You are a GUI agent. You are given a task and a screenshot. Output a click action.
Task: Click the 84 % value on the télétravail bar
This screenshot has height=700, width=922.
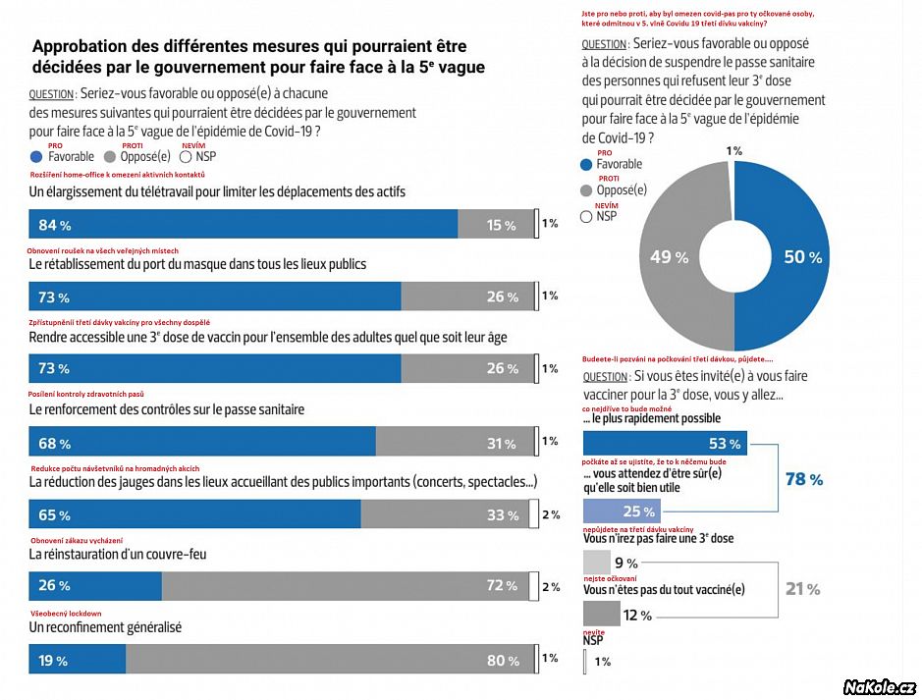[54, 225]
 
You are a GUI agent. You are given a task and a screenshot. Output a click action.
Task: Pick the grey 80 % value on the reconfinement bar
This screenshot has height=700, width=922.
[501, 661]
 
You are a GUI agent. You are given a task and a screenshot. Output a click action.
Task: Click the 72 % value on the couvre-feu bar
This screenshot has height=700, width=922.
[501, 586]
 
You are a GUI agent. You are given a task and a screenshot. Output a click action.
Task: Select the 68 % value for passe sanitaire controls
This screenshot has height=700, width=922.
[54, 442]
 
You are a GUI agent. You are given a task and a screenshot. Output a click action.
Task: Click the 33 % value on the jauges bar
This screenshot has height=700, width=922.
[501, 514]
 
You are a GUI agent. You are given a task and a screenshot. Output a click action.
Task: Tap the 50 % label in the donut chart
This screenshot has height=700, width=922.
[802, 257]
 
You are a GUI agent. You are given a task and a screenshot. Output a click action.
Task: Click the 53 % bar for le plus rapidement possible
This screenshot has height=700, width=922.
[665, 444]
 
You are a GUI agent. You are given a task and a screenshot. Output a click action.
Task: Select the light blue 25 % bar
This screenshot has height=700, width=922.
[621, 512]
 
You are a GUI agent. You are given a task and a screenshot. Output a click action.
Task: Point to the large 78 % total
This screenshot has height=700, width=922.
[803, 478]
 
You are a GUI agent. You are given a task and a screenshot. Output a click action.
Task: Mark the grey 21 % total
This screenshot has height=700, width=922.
[803, 589]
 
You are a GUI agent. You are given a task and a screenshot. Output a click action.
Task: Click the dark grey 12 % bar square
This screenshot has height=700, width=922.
[602, 615]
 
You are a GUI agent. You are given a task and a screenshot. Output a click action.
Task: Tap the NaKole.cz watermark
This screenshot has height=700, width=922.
[879, 687]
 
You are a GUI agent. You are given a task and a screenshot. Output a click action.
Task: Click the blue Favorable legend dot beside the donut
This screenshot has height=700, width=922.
[587, 164]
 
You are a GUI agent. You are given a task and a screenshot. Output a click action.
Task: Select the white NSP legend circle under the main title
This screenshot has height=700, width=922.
[187, 156]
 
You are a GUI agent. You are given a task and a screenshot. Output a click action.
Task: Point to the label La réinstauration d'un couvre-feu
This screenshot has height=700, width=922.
[118, 554]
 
